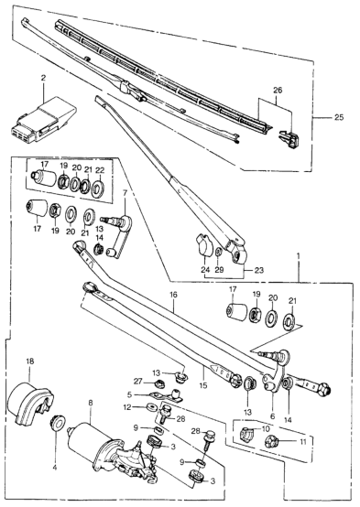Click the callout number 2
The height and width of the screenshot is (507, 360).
43,78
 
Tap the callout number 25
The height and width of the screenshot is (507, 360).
339,117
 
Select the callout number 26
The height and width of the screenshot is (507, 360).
278,91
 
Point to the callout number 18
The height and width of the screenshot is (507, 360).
30,361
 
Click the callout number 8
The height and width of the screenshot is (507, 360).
91,403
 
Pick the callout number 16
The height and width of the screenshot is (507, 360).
173,295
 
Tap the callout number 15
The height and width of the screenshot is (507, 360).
203,385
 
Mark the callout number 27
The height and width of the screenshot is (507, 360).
138,382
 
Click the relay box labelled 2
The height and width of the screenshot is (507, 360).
44,119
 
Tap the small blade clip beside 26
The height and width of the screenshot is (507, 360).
289,138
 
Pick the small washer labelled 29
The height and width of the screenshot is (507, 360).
219,252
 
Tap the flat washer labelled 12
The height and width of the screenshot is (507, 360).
150,405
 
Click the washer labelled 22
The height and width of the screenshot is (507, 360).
97,189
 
